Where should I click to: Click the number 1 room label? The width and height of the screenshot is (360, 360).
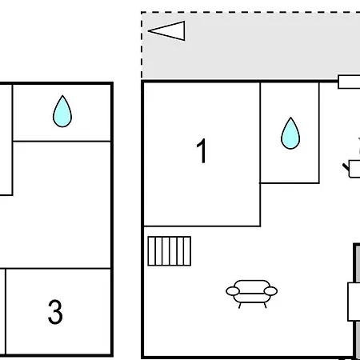coord(202,150)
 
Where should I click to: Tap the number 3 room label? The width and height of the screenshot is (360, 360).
coord(55,312)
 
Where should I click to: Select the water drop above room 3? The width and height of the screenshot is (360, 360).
coord(62,111)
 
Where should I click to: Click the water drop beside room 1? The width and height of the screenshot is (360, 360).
coord(290,133)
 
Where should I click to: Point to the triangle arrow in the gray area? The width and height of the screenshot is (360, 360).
coord(166,30)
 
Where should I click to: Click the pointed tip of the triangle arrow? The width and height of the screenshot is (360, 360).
coord(148,30)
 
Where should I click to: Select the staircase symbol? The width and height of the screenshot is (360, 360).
coord(170,251)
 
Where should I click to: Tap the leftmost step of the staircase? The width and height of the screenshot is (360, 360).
coord(151,251)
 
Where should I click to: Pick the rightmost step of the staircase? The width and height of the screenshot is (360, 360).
coord(187,251)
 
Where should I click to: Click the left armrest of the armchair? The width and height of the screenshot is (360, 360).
coord(233,291)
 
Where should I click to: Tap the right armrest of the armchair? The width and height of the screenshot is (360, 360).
coord(270,291)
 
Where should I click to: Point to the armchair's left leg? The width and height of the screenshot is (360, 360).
coord(240,306)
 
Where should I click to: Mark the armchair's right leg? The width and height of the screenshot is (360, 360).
coord(265,306)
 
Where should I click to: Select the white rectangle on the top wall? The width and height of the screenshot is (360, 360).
coord(349,82)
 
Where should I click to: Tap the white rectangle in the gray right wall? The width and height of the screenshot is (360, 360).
coord(354,302)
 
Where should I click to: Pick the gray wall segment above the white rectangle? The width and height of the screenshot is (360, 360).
coord(358,263)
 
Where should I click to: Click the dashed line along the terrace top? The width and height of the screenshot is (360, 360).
coord(250,12)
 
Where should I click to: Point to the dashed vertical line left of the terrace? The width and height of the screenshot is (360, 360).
coord(142,46)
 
